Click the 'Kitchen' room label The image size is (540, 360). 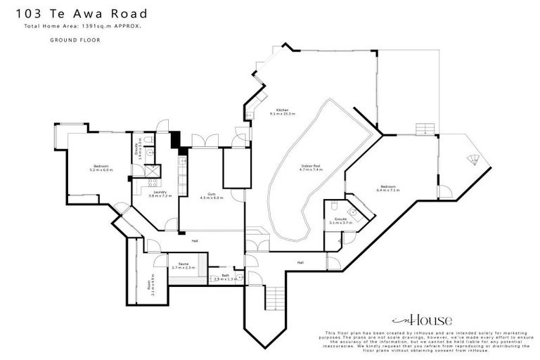[x=282, y=111]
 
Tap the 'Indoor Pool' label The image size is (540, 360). [x=311, y=167]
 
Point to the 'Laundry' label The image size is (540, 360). [x=159, y=193]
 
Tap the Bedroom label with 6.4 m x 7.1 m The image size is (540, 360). [x=387, y=188]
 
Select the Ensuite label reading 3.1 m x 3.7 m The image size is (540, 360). [x=341, y=221]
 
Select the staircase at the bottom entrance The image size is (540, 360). [x=274, y=298]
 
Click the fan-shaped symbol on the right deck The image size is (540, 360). [x=473, y=159]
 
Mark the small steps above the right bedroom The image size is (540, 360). [x=425, y=129]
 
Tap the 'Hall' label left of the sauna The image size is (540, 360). [x=194, y=241]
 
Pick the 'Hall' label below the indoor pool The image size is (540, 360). [x=300, y=262]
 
